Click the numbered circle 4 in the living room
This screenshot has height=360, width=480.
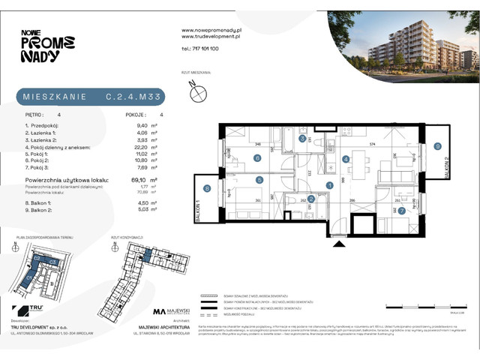(x=346, y=159)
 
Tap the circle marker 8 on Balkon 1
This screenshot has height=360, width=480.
(x=206, y=189)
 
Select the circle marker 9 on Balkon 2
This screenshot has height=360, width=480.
(x=437, y=146)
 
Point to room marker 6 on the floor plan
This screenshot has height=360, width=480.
(x=256, y=157)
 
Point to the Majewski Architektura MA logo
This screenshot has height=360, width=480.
(x=178, y=310)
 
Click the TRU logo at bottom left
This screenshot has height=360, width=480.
(x=28, y=310)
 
